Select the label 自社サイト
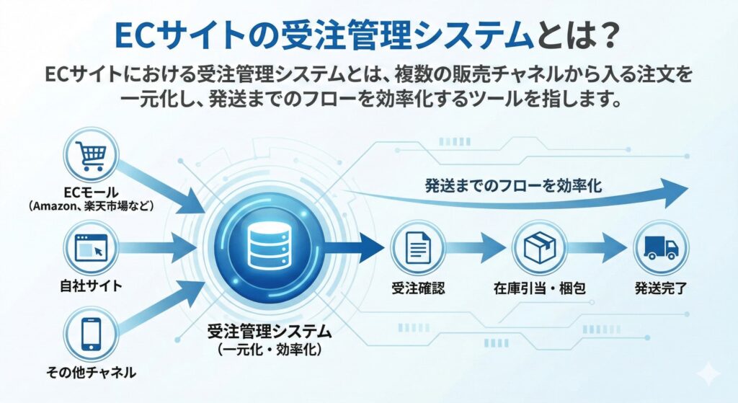(x=91, y=285)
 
